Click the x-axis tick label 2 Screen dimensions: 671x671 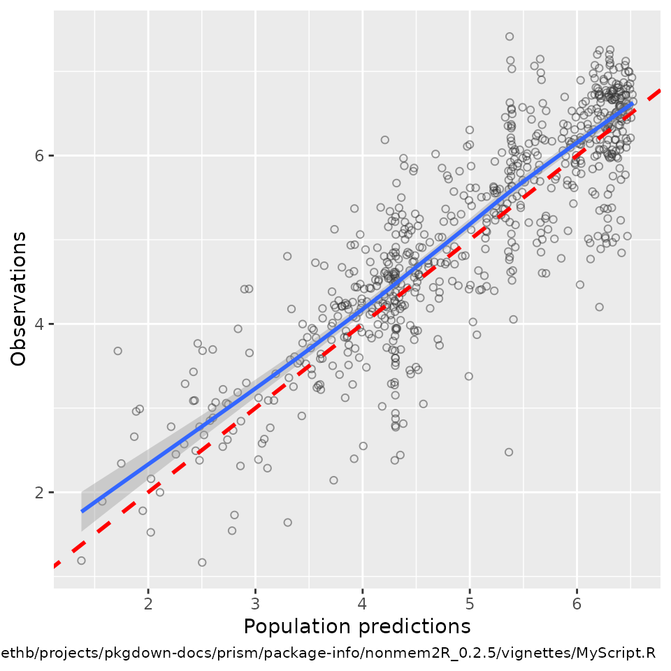(148, 603)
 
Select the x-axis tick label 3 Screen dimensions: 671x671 (255, 603)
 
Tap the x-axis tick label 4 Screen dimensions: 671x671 (363, 603)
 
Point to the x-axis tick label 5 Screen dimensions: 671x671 (470, 603)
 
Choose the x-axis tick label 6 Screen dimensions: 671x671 (577, 603)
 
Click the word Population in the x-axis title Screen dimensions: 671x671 (296, 626)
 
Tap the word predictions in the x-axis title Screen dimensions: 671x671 (412, 626)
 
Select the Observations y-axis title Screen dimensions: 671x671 (20, 298)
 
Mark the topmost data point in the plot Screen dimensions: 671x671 (510, 36)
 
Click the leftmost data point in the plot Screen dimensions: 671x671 (81, 561)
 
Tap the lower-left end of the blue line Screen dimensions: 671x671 (82, 511)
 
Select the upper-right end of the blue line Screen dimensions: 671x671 (633, 103)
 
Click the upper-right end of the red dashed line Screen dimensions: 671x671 (660, 89)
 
